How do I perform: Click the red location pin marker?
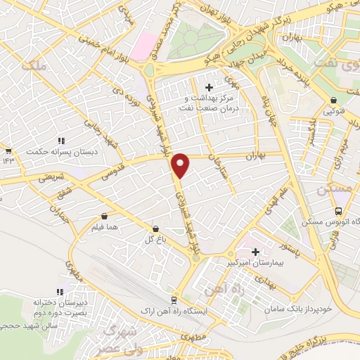[181, 165]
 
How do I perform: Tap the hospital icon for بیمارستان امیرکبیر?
[255, 251]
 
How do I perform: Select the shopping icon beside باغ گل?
[156, 228]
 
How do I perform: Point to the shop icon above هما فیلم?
[104, 217]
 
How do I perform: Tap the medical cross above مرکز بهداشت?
[208, 86]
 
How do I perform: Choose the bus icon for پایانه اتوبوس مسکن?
[339, 211]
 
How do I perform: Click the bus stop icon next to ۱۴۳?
[8, 151]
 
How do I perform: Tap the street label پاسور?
[290, 247]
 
